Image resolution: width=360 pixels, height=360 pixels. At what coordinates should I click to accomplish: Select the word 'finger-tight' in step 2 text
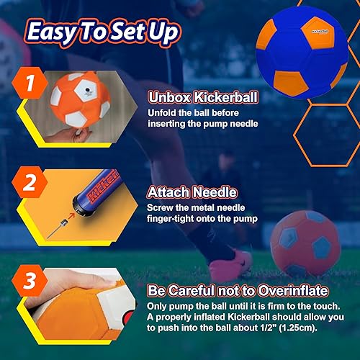pyautogui.click(x=173, y=218)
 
